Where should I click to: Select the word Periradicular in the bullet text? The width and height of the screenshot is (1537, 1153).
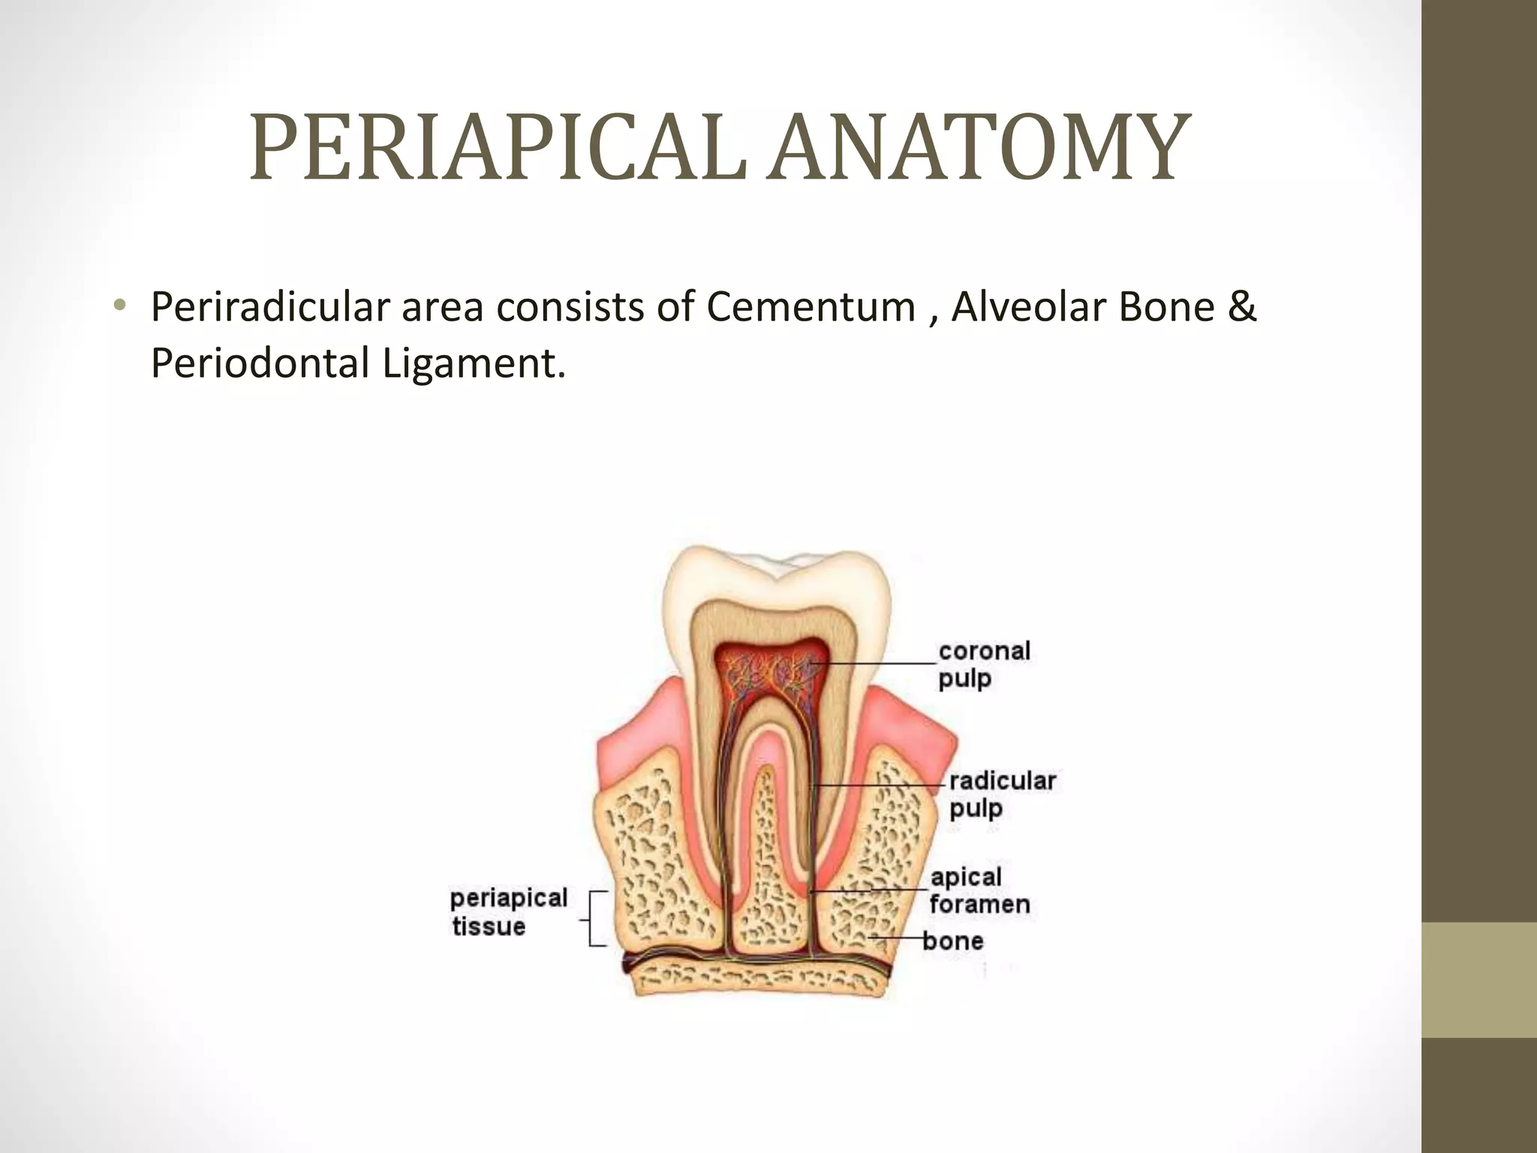pos(269,307)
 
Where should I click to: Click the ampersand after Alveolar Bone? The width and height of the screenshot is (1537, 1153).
pos(1242,307)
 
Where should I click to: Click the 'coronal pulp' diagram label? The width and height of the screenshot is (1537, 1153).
pos(983,664)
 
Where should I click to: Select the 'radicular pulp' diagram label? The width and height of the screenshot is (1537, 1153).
pos(1001,794)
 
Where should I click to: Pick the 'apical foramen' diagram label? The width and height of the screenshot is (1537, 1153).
pos(979,890)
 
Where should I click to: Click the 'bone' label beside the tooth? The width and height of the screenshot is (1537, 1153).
pos(952,941)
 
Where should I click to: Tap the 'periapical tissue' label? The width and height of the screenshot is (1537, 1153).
pos(508,911)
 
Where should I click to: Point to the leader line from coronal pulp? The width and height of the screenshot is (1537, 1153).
pos(878,664)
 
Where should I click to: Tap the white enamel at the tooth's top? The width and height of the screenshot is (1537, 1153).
pos(781,570)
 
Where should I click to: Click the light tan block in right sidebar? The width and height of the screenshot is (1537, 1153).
pos(1479,980)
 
